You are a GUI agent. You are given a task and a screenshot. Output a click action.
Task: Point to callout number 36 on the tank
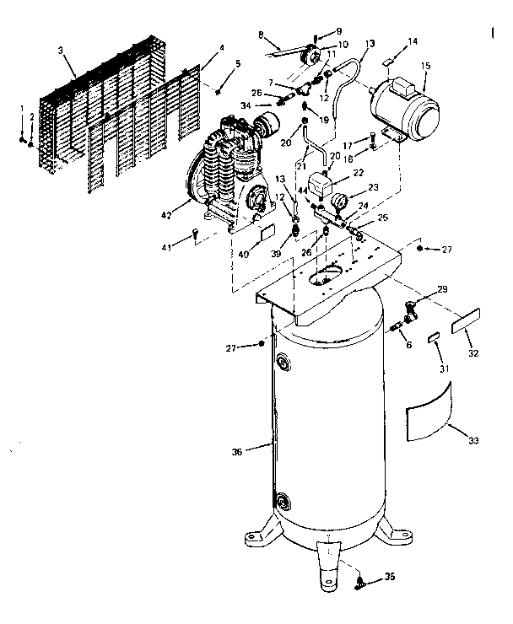237,453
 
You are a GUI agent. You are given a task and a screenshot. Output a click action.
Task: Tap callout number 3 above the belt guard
61,52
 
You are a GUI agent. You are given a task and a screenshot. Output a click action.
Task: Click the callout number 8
262,35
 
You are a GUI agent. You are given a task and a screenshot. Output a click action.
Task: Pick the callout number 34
245,105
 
